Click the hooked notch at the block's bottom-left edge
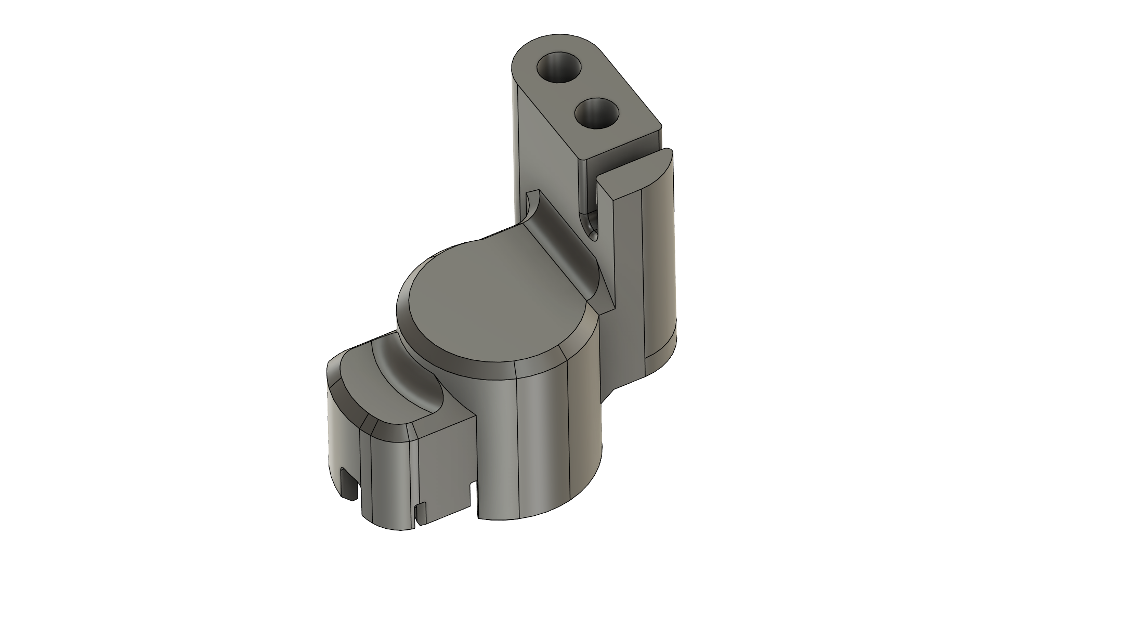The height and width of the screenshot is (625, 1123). point(348,484)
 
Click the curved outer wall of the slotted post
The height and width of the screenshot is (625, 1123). point(660,260)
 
